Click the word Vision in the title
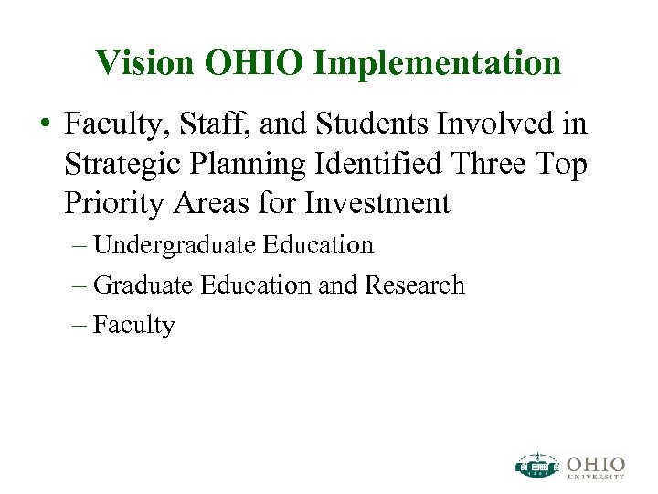(146, 62)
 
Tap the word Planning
(243, 165)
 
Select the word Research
(415, 285)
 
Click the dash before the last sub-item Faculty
(78, 326)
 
